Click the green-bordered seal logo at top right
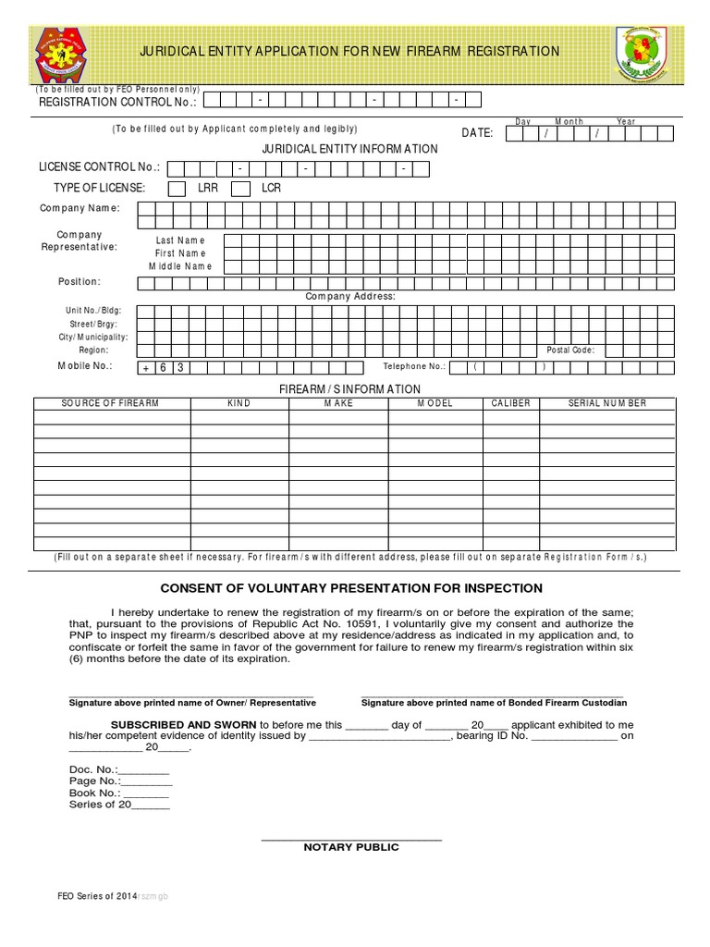tap(644, 53)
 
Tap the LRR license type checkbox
tap(176, 189)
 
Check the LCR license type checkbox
tap(240, 189)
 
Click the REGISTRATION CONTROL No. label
tap(117, 102)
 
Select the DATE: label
tap(477, 133)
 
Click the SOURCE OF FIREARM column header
tap(110, 404)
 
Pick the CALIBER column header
tap(510, 404)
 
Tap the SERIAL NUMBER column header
tap(606, 404)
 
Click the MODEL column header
tap(435, 404)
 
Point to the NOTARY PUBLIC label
tap(351, 847)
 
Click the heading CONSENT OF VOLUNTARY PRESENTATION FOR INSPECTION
tap(351, 588)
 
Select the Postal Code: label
tap(570, 351)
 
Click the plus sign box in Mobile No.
tap(145, 367)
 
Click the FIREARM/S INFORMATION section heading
tap(350, 389)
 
